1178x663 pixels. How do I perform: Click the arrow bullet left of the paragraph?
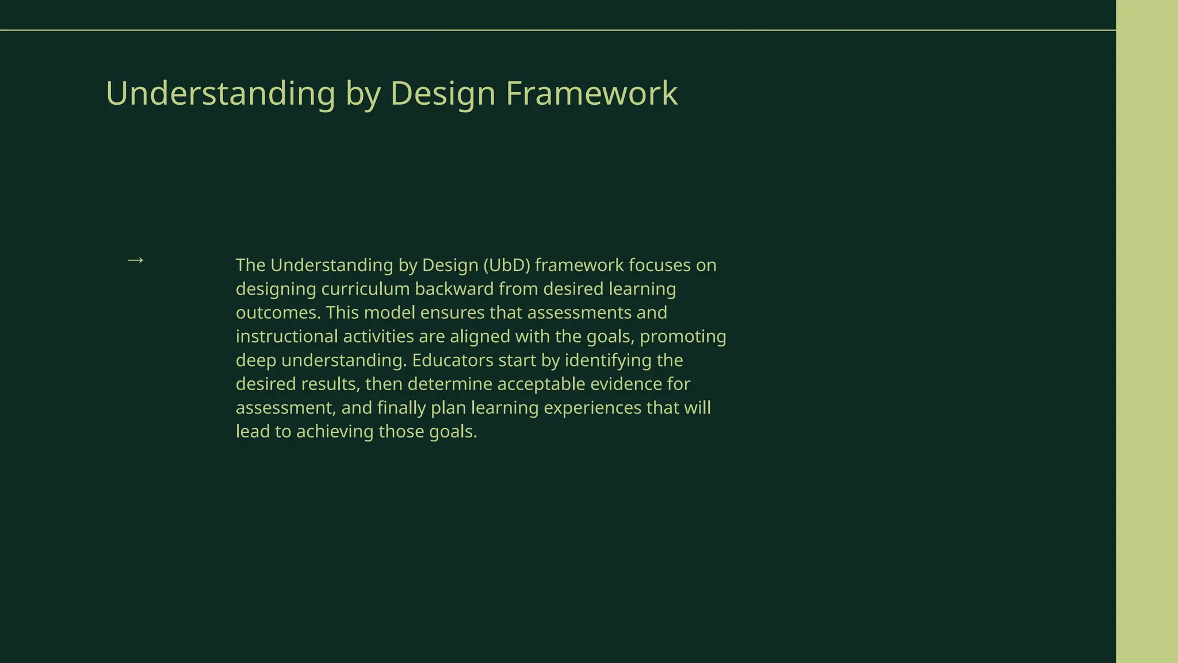tap(135, 261)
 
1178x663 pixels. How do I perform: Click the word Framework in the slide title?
tap(591, 93)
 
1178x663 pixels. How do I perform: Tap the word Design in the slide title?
tap(442, 93)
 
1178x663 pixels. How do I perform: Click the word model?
tap(389, 313)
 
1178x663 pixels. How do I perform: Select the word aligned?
tap(480, 337)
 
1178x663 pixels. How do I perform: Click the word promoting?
tap(683, 337)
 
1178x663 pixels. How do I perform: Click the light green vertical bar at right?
tap(1146, 331)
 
